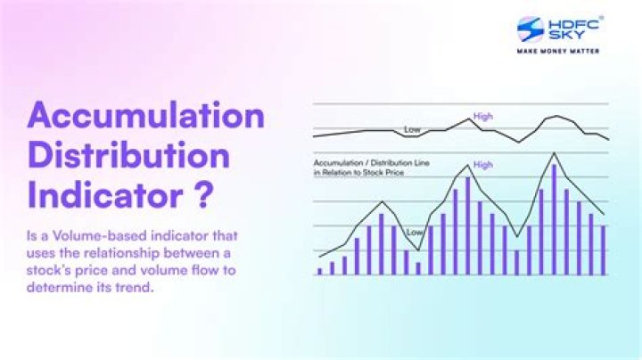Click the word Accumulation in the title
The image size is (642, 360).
tap(145, 117)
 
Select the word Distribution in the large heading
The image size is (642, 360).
tap(128, 156)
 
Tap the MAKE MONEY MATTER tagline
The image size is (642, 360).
tap(559, 51)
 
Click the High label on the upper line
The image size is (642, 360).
tap(483, 116)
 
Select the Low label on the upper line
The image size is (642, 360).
tap(412, 130)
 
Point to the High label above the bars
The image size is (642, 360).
tap(483, 165)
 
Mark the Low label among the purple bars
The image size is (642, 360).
tap(416, 233)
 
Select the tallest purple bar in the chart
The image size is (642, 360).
tap(554, 219)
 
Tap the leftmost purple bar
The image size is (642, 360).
tap(320, 271)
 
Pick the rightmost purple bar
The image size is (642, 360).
tap(604, 250)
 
